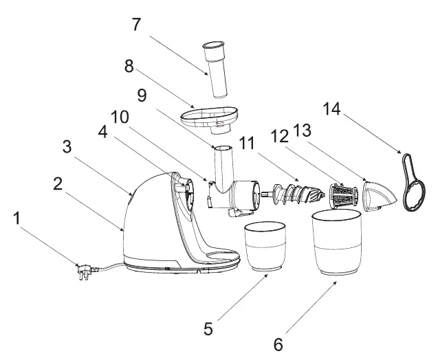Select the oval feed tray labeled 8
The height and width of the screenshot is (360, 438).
[209, 119]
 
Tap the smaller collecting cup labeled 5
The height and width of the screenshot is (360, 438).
[266, 247]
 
